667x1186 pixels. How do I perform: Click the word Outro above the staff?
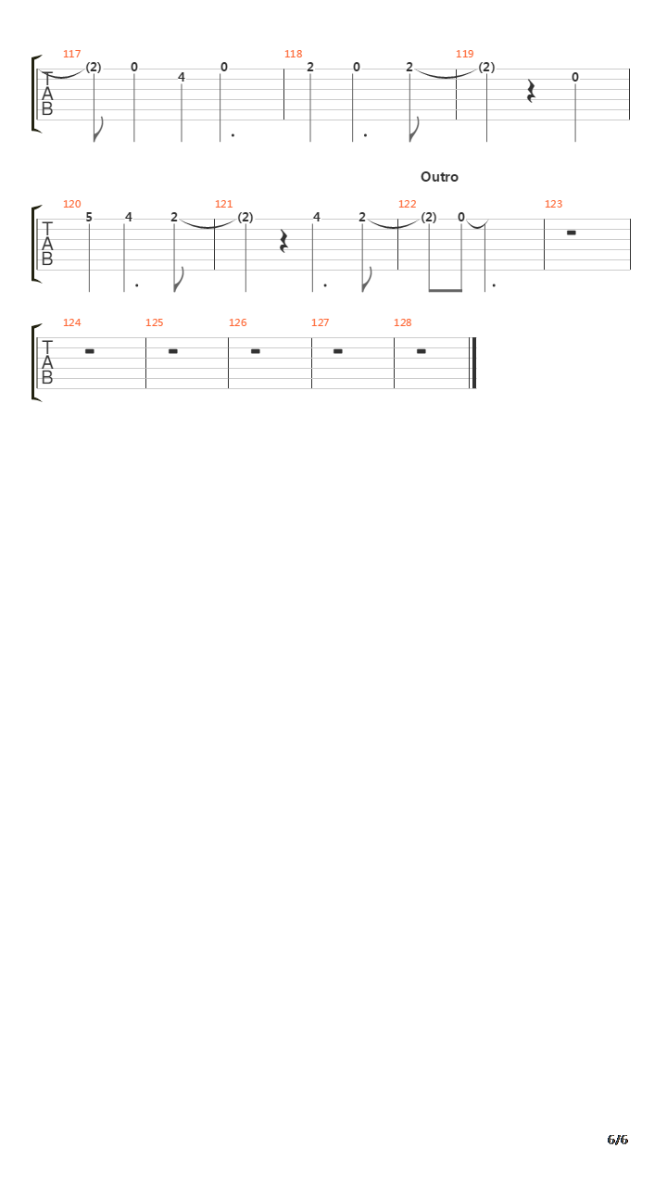click(x=439, y=177)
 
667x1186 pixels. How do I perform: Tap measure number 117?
click(x=72, y=54)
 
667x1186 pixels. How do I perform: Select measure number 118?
click(x=294, y=54)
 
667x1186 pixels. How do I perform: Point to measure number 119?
click(x=465, y=54)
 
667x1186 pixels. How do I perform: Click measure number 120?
click(x=72, y=204)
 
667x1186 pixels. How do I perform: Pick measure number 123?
click(x=554, y=204)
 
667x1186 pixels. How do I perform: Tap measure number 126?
click(x=238, y=322)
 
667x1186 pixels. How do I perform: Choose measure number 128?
click(x=403, y=322)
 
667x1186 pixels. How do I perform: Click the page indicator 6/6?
click(x=618, y=1140)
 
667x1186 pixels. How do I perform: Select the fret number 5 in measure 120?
click(x=89, y=217)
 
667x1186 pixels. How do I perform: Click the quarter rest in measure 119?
click(x=531, y=91)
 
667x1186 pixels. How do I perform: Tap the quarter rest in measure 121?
click(x=283, y=241)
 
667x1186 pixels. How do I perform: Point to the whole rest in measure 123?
click(x=572, y=233)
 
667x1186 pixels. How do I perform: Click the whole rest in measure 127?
click(x=338, y=351)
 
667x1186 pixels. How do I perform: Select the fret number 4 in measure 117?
click(x=181, y=77)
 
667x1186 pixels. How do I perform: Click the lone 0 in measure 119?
click(x=575, y=77)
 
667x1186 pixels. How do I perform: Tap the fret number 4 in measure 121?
click(x=317, y=217)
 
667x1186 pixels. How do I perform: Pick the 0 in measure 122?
click(x=461, y=217)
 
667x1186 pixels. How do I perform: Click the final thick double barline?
click(x=473, y=363)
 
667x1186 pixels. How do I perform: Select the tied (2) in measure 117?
click(x=94, y=68)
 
